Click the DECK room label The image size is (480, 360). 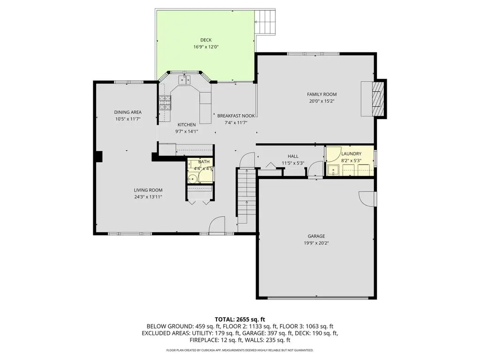coord(206,40)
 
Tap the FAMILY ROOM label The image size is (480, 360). coord(322,94)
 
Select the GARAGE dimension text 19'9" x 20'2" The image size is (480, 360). coord(316,243)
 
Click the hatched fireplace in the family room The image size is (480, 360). coord(378,99)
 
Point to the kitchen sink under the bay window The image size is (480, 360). coord(185,80)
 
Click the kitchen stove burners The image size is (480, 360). coord(165,103)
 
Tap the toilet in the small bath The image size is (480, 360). coord(193,178)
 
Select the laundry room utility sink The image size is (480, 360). coord(332,170)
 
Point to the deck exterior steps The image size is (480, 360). coord(265,22)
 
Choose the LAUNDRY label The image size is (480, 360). coord(351,154)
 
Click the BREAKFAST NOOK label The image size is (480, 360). coord(236,116)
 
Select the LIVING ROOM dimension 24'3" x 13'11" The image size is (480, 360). coord(148,197)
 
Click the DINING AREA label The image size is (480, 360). coord(128,112)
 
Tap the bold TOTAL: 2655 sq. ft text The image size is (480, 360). coord(240,320)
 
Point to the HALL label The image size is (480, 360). coord(293,156)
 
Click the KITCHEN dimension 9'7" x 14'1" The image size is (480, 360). coord(187,131)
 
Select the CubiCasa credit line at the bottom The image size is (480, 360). coord(240,350)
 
